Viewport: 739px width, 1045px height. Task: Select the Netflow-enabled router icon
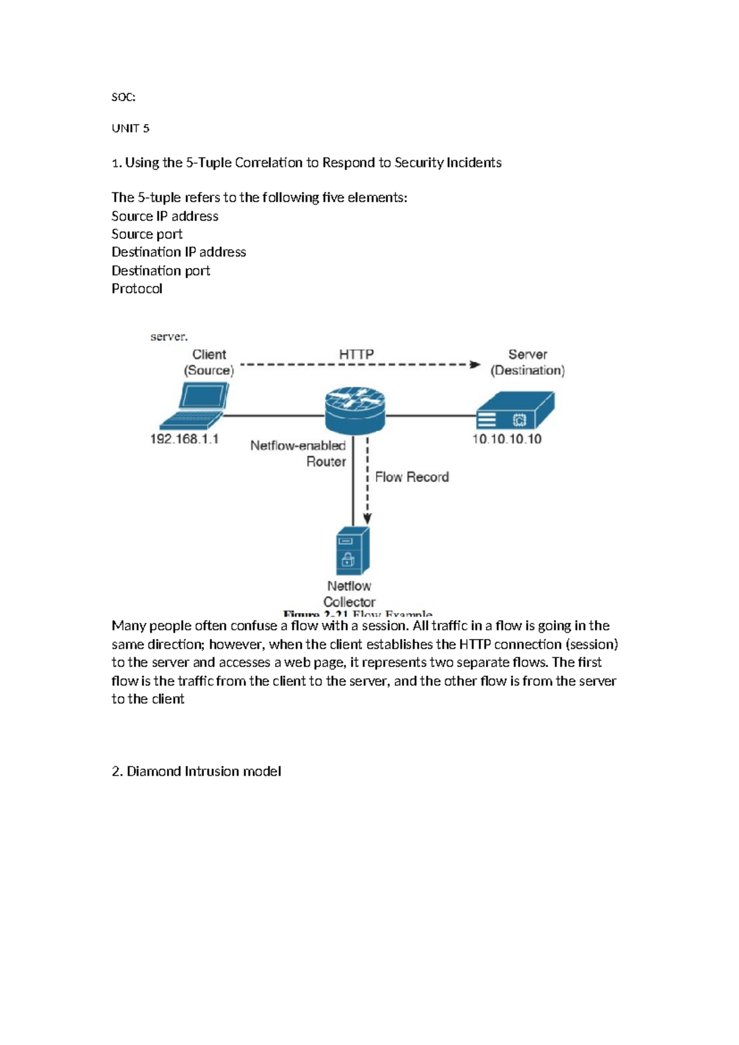coord(355,410)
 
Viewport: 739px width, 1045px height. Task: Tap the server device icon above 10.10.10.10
coord(515,410)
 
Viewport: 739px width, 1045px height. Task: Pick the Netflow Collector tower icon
coord(353,551)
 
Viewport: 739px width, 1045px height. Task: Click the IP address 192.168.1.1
coord(184,439)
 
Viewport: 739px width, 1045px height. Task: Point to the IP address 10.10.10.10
coord(506,439)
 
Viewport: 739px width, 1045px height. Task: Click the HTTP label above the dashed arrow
coord(356,354)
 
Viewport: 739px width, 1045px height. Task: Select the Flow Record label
coord(411,477)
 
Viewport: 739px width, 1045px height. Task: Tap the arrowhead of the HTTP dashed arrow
coord(475,364)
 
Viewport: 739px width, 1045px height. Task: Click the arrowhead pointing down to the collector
coord(367,519)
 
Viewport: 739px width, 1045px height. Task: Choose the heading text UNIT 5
coord(130,128)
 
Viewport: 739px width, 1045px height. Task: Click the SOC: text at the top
coord(123,97)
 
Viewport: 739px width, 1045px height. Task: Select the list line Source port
coord(147,234)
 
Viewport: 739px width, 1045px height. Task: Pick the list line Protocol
coord(137,288)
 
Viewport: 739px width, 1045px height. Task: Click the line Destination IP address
coord(179,252)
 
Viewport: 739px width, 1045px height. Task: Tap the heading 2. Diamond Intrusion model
coord(196,771)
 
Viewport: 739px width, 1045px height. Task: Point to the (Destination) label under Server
coord(527,370)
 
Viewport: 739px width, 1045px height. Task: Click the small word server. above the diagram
coord(169,336)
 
